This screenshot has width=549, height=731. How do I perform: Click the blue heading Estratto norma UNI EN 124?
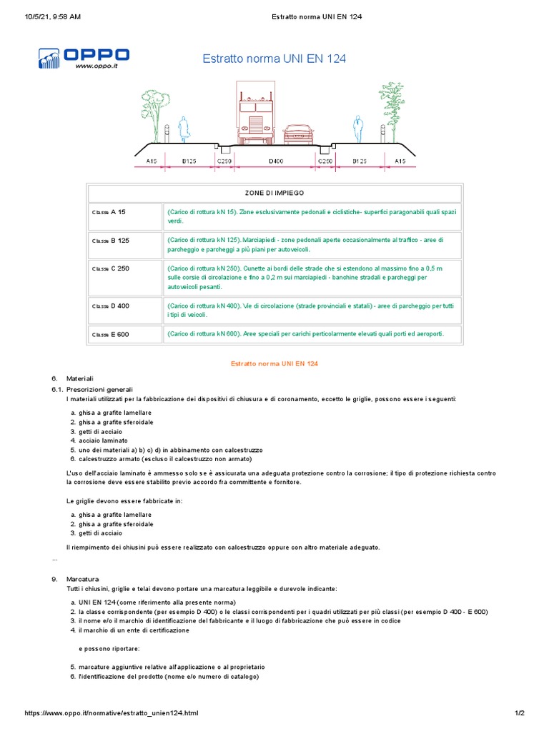(274, 59)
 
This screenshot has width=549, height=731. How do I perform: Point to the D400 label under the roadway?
(276, 162)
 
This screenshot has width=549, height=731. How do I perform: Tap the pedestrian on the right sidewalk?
(357, 129)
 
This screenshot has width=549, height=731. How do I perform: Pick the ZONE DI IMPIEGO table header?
(274, 193)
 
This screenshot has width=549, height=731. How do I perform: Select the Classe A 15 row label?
(109, 213)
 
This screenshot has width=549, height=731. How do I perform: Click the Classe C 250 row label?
(110, 268)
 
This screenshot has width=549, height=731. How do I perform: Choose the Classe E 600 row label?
(110, 334)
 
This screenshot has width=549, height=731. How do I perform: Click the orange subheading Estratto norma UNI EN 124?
(274, 363)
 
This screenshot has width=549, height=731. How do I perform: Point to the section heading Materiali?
(80, 378)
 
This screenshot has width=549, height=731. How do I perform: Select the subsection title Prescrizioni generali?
(100, 390)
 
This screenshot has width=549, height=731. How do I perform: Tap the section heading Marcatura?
(82, 578)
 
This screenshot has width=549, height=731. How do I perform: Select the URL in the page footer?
(112, 713)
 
